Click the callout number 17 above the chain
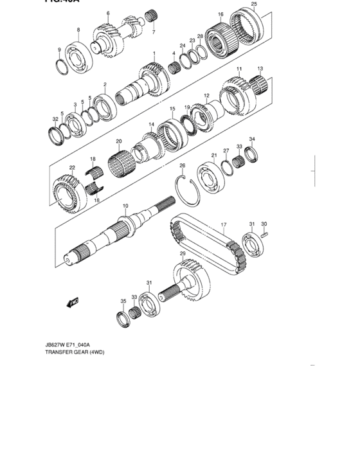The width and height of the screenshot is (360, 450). [x=224, y=225]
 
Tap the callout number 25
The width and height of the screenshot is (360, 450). [x=253, y=5]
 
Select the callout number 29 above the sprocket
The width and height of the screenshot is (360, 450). [x=183, y=255]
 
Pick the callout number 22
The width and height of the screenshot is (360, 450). [x=73, y=168]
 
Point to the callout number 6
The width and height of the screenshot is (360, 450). [x=108, y=14]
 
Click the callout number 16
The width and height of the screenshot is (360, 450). [x=221, y=14]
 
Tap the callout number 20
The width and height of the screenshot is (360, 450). [x=118, y=141]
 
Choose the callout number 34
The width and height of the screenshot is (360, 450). [x=252, y=139]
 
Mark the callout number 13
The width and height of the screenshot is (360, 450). [x=260, y=69]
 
